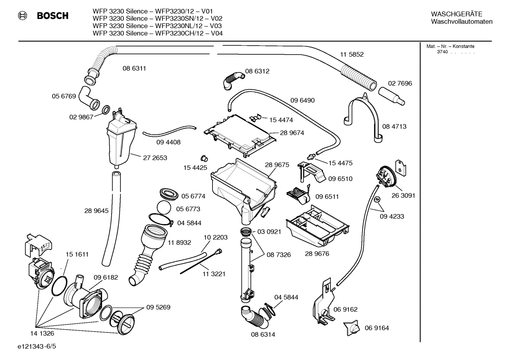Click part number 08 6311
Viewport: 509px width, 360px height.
click(x=134, y=69)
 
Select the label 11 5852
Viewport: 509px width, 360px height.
click(x=352, y=54)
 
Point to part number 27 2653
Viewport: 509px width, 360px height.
click(x=155, y=158)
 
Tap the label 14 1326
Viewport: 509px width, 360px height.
click(x=42, y=333)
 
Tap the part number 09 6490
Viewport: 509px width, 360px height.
click(x=303, y=100)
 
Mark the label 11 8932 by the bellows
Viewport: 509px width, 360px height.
click(x=179, y=242)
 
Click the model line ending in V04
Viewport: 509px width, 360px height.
click(x=157, y=34)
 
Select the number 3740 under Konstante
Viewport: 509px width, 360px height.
click(x=442, y=52)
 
